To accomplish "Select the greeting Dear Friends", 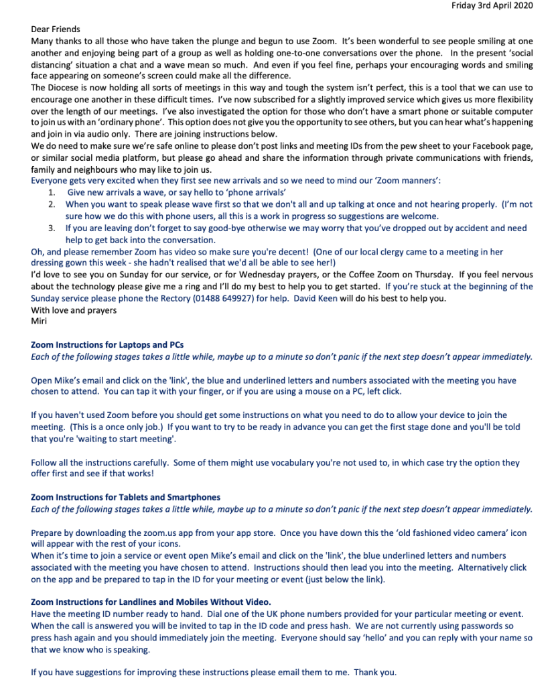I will (x=56, y=29).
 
